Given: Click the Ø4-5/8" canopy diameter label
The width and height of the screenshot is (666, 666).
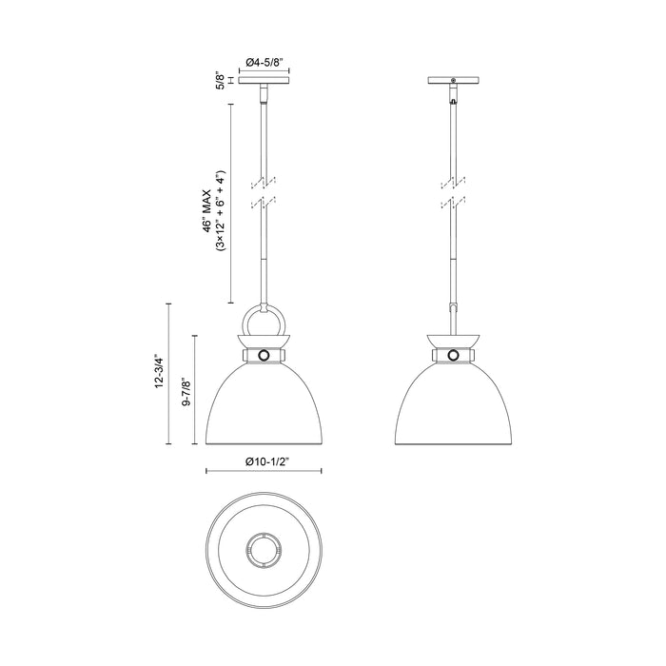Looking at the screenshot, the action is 264,62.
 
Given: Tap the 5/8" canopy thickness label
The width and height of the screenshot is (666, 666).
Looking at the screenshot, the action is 220,80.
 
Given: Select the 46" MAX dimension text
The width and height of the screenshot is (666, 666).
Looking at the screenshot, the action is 206,210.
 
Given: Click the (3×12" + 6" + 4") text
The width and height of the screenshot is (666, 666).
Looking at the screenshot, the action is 220,211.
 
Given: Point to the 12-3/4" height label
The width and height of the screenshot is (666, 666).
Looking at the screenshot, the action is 159,371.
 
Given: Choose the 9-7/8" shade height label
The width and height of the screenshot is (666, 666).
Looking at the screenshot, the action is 186,392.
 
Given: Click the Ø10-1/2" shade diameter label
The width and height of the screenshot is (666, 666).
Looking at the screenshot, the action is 264,462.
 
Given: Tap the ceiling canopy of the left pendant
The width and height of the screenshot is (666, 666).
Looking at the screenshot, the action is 264,80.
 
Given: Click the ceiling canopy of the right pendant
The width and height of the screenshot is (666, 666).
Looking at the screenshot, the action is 454,80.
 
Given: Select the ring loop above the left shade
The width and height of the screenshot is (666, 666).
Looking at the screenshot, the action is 246,323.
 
